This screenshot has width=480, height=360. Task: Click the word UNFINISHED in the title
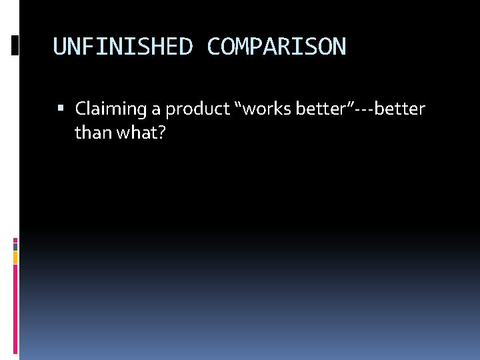click(123, 47)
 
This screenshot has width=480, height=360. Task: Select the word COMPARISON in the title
click(276, 47)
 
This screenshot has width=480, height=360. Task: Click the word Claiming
click(112, 109)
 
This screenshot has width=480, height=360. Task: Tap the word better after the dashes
click(399, 109)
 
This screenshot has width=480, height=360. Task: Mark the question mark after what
click(161, 133)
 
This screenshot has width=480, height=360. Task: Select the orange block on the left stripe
click(15, 257)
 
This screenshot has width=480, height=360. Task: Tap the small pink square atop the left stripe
click(15, 240)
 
